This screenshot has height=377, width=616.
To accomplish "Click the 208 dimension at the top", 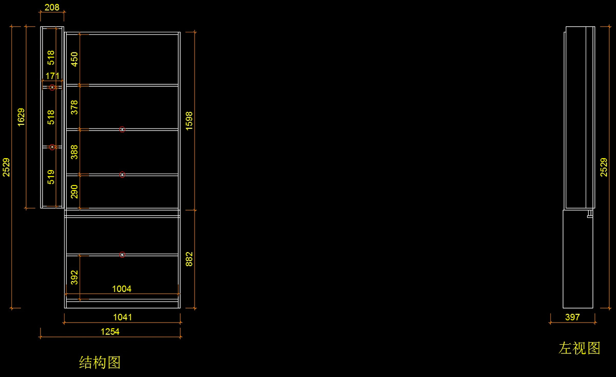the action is [52, 8].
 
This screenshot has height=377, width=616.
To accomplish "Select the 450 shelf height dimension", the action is [74, 59].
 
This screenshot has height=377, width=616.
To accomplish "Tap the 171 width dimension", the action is [52, 76].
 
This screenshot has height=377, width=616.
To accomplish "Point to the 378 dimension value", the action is [74, 107].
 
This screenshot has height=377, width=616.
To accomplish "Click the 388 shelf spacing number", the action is [74, 152].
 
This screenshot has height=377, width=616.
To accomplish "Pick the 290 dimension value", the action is [74, 192].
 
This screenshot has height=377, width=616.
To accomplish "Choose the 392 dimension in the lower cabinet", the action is [74, 277].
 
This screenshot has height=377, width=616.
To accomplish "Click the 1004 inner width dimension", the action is [122, 289].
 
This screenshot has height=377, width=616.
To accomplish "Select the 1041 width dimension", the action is [122, 317].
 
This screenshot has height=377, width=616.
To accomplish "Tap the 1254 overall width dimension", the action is [110, 332].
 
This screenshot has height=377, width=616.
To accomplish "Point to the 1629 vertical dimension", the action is [21, 117].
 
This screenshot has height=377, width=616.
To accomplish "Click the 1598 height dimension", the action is [189, 121].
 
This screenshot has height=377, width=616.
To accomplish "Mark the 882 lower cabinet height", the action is [189, 259].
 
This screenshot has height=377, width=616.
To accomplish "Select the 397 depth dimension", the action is [572, 317].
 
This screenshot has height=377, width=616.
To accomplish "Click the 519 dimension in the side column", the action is [51, 177].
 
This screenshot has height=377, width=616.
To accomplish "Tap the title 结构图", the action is [100, 363].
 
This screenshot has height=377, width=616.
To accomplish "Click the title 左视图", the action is [580, 348].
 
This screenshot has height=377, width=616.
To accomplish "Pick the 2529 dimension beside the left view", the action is [604, 167].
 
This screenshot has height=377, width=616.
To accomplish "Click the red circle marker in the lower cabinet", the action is [122, 255].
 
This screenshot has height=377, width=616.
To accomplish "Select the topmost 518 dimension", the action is [51, 57].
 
